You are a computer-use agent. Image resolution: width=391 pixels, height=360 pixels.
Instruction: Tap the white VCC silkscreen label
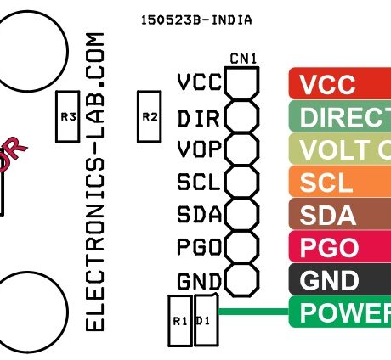[x=198, y=82]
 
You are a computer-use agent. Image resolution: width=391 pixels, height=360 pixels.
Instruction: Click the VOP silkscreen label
[x=198, y=149]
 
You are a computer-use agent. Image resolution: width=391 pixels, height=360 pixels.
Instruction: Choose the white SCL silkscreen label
[x=198, y=182]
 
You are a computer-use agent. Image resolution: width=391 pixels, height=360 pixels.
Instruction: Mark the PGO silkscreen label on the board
[x=198, y=247]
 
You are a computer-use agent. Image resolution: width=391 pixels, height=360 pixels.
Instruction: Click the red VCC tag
[x=340, y=85]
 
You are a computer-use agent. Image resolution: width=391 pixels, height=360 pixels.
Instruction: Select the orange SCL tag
[x=340, y=182]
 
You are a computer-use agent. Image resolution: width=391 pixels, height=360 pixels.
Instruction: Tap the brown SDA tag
[x=340, y=215]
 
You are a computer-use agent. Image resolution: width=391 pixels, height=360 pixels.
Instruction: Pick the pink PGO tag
[x=340, y=247]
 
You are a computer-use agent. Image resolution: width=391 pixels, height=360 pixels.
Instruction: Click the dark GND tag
[x=340, y=280]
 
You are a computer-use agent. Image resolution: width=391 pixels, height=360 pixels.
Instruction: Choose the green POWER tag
[x=340, y=312]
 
